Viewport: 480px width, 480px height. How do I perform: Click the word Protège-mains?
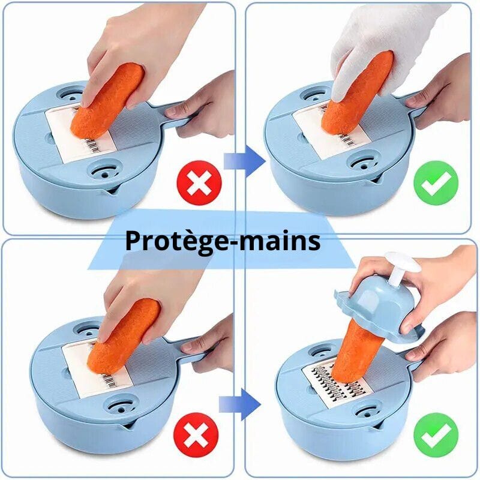tap(222, 241)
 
